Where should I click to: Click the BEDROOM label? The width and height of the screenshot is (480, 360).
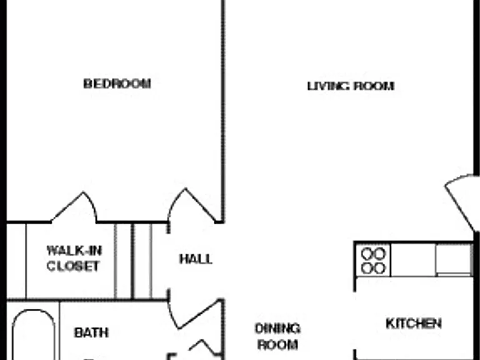117,84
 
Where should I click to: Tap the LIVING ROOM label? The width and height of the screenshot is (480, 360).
351,86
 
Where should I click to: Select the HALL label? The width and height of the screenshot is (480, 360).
196,259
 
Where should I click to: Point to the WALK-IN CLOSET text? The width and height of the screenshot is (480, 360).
74,258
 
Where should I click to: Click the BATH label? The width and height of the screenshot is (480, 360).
91,332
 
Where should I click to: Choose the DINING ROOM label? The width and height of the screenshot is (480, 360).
277,336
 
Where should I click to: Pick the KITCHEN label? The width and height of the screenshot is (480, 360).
414,324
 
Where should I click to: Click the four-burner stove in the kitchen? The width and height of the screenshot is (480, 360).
373,261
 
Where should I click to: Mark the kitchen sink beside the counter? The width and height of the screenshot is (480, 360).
453,259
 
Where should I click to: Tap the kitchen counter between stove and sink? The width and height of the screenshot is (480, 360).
413,261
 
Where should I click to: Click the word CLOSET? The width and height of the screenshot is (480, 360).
73,266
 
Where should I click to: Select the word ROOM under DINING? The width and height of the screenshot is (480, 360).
277,345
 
